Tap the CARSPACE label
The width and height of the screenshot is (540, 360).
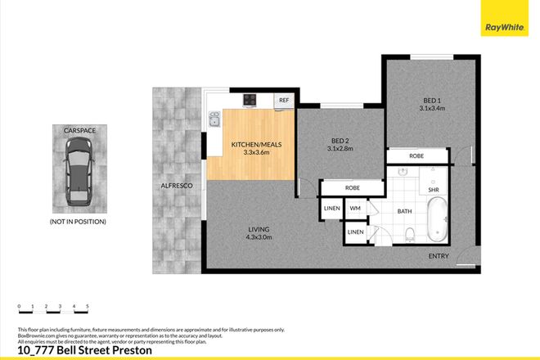point(79,128)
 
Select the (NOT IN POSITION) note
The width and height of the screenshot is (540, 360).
point(79,221)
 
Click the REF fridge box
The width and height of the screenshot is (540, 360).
point(285,100)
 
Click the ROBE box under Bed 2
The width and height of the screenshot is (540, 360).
point(353,187)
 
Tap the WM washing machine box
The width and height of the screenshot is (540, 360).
point(354,209)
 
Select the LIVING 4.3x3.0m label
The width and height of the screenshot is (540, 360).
point(259,233)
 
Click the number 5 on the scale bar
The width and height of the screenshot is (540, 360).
point(88,305)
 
